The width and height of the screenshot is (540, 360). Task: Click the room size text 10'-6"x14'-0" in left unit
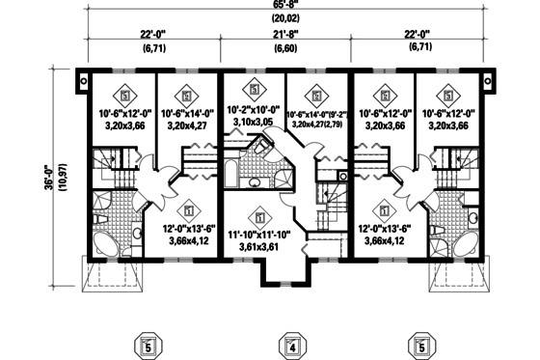coord(189,112)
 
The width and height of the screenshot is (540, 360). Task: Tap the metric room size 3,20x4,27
coord(189,125)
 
